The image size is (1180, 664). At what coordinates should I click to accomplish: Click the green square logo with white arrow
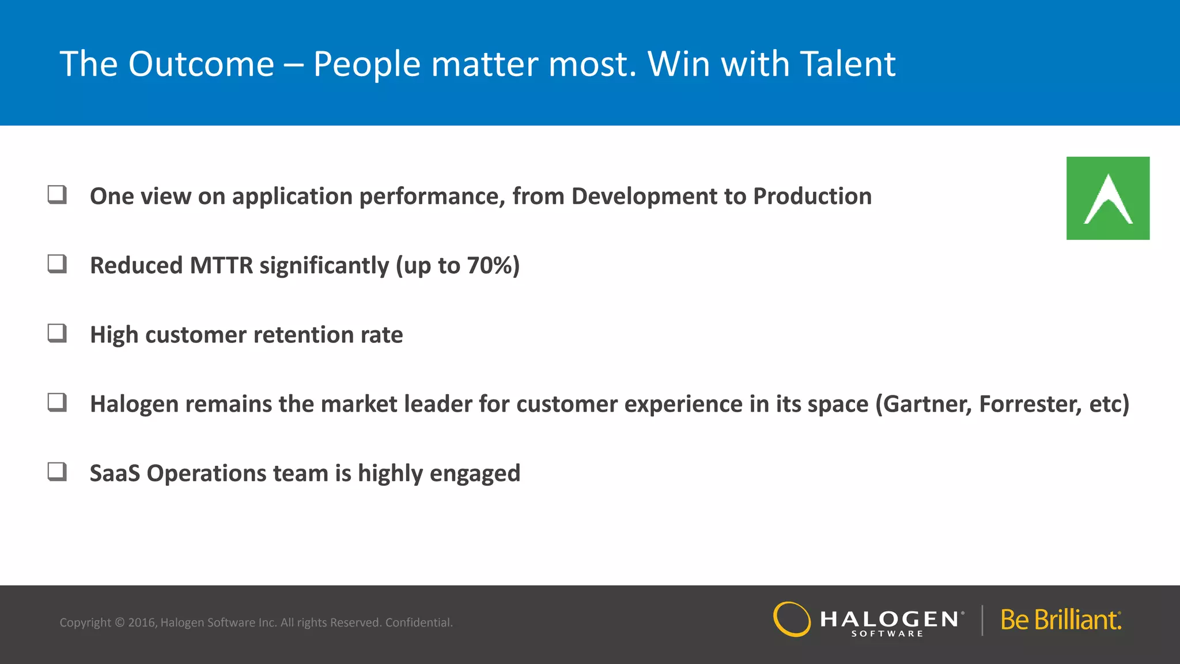coord(1107,198)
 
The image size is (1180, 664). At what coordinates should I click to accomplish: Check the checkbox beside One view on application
coord(57,195)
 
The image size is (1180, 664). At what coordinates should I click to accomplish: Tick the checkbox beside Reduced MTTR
coord(57,264)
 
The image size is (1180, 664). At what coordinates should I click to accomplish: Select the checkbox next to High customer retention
coord(57,333)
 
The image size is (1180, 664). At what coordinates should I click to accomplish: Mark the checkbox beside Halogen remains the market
coord(57,402)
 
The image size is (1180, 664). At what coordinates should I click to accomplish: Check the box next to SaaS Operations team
coord(57,471)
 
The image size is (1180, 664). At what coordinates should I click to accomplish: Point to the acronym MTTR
coord(221,266)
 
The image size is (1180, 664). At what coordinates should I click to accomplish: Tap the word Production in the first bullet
coord(812,197)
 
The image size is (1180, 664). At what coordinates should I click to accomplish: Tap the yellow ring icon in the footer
coord(792,620)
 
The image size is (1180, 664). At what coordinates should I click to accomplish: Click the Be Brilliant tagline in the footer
coord(1061,620)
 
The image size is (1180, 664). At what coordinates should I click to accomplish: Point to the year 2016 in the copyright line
coord(141,622)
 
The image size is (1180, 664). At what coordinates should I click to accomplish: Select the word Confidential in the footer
coord(419,622)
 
